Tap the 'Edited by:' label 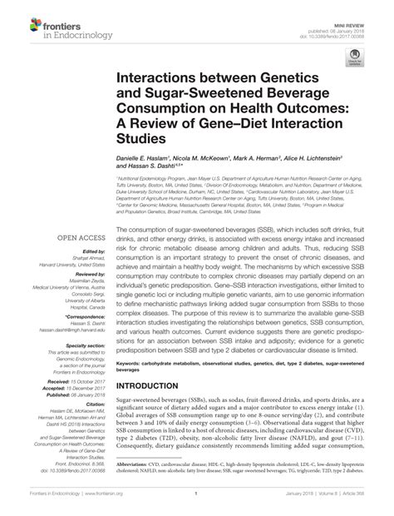tap(91, 251)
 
